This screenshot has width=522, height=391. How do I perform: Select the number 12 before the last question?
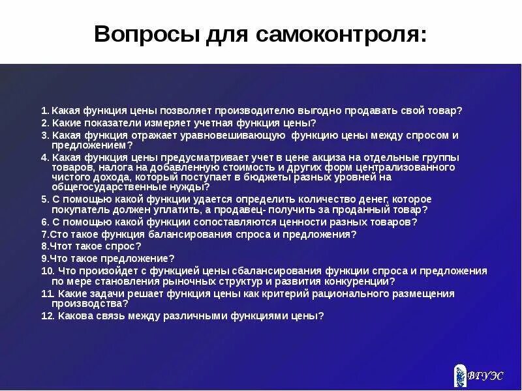(46, 315)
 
